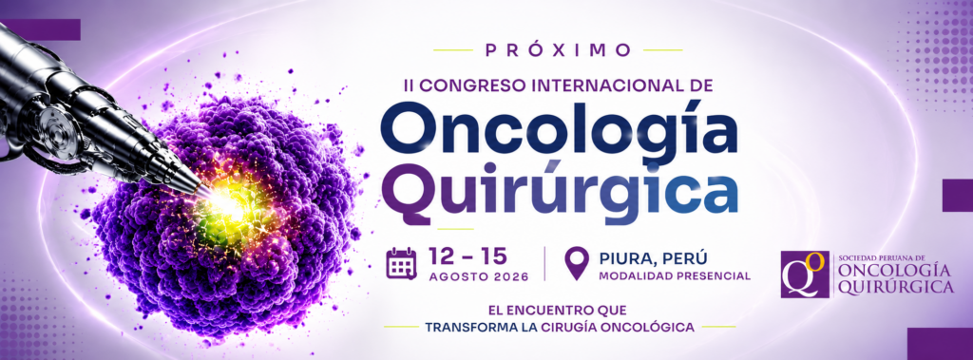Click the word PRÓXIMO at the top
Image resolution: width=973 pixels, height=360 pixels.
pos(558,50)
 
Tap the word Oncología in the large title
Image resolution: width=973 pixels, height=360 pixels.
pos(559,132)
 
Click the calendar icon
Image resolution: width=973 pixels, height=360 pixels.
pos(401,263)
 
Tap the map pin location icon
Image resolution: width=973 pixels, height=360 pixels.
pos(577,263)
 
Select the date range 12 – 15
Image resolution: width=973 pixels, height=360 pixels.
pos(467,256)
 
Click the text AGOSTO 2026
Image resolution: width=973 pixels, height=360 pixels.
pos(479,276)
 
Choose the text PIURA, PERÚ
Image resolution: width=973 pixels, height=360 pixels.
pos(654,256)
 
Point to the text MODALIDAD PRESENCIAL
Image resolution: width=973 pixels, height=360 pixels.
pos(675,275)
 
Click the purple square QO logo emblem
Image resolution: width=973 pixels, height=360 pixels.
pos(805,275)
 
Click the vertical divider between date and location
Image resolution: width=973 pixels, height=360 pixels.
pos(544,264)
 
